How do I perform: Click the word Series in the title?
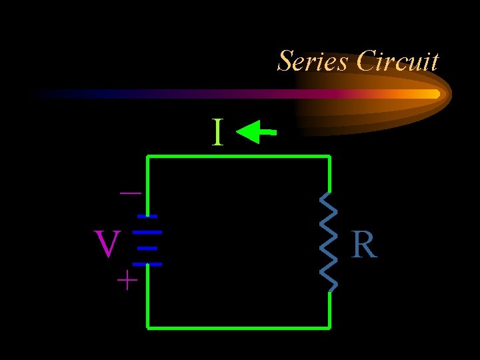[x=312, y=61]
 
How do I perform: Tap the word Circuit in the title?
[x=397, y=61]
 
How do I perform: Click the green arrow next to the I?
[x=256, y=133]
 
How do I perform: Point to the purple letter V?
[x=107, y=245]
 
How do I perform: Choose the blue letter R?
[x=364, y=245]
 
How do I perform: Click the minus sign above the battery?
[x=130, y=193]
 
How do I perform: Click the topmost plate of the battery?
[x=147, y=216]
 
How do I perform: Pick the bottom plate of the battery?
[x=151, y=264]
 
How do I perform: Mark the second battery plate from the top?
[x=151, y=232]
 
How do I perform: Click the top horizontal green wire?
[x=239, y=157]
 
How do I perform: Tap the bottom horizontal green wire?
[x=239, y=327]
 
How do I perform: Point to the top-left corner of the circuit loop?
[x=148, y=157]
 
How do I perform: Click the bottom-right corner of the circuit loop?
[x=329, y=327]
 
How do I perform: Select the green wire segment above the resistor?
[x=329, y=175]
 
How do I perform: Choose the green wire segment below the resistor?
[x=329, y=310]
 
